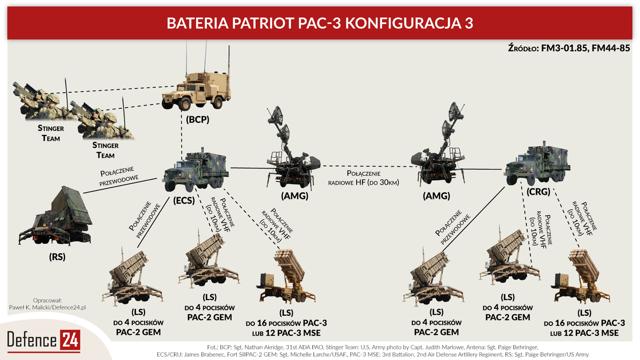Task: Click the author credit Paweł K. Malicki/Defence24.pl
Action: [48, 308]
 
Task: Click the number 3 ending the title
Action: [468, 24]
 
